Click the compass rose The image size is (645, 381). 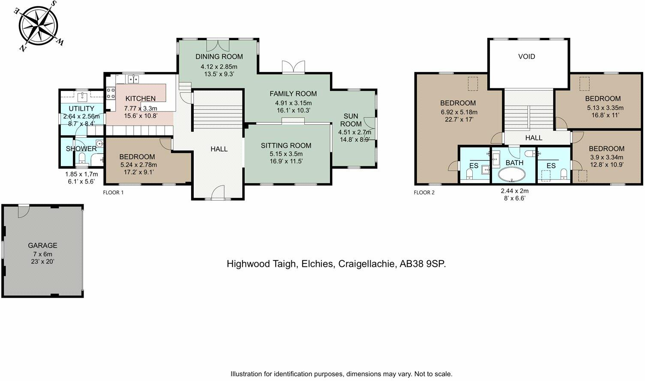(39, 25)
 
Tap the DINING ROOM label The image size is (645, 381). (219, 57)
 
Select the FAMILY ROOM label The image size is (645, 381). (293, 94)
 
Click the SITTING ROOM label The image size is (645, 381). (286, 145)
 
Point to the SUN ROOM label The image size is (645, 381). (351, 120)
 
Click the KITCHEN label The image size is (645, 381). (141, 99)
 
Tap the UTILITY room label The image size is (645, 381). (81, 109)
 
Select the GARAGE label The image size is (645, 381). (42, 245)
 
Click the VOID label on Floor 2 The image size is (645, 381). (527, 57)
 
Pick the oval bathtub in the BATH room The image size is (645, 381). (512, 175)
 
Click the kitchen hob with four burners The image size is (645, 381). (111, 94)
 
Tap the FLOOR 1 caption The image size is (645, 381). (113, 193)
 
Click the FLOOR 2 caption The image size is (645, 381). (424, 193)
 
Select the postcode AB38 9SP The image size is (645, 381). (423, 264)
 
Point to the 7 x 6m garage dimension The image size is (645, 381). (42, 254)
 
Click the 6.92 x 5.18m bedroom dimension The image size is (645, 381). (459, 112)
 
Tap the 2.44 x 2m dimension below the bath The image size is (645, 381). (515, 191)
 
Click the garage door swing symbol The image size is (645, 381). (23, 212)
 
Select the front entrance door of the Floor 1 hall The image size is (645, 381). (218, 193)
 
